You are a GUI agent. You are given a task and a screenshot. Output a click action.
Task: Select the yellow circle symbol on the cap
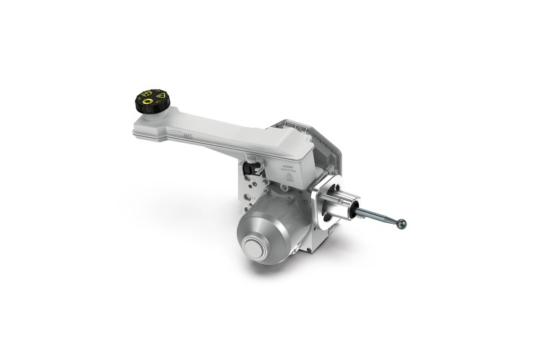pos(148,104)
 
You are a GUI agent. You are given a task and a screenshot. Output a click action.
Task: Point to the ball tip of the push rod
pos(402,224)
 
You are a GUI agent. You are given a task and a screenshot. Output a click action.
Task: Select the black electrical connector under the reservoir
pos(250,168)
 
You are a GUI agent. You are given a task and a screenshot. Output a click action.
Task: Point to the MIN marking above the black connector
pos(251,157)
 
